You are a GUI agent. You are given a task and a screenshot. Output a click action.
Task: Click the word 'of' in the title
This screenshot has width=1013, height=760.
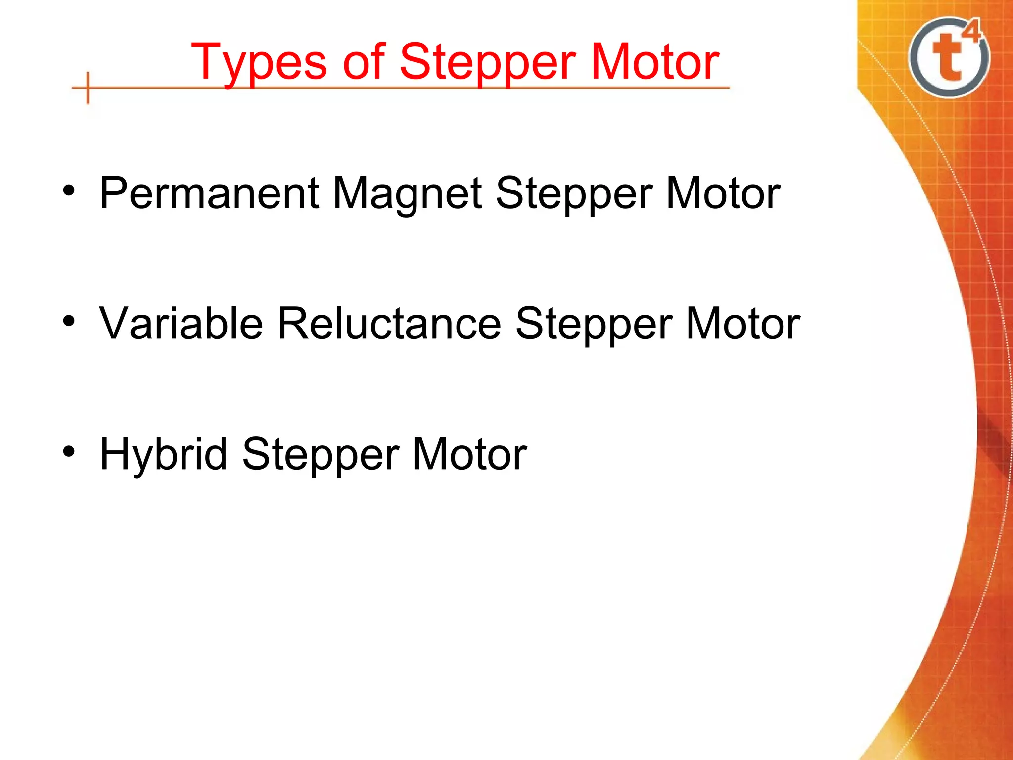[x=364, y=61]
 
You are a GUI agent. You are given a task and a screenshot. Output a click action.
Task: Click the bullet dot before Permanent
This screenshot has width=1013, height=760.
[x=69, y=191]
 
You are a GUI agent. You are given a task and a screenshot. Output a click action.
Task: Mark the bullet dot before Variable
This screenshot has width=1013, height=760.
[x=69, y=322]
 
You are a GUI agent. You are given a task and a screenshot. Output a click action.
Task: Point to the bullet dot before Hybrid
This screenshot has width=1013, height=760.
[x=69, y=452]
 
